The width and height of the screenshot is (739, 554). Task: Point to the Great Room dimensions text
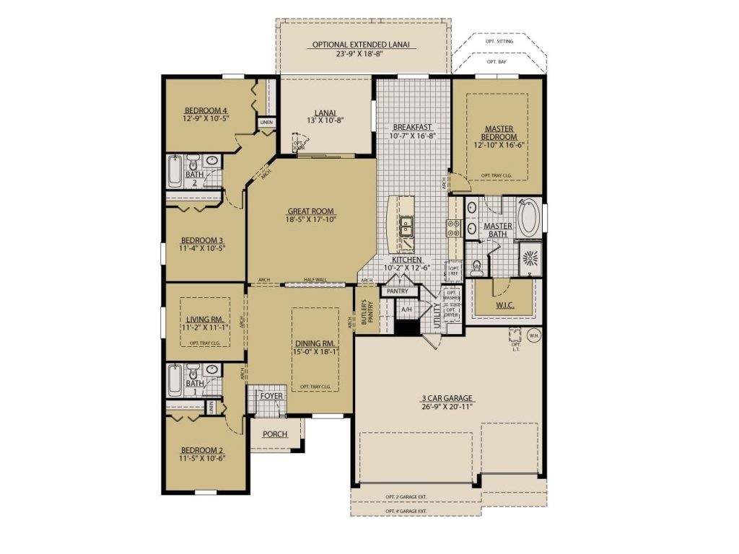310,220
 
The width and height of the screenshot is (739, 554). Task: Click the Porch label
274,434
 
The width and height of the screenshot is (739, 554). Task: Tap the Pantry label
398,291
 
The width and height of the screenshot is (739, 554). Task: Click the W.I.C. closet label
504,305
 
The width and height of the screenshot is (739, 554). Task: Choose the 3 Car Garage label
447,397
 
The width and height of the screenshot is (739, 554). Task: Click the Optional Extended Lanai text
361,44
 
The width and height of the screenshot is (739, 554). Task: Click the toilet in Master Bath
476,269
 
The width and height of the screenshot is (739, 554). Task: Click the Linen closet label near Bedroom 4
266,123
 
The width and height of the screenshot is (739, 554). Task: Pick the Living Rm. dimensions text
205,328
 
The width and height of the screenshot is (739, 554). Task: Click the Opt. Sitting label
500,43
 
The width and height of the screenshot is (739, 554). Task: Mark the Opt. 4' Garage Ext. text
406,511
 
